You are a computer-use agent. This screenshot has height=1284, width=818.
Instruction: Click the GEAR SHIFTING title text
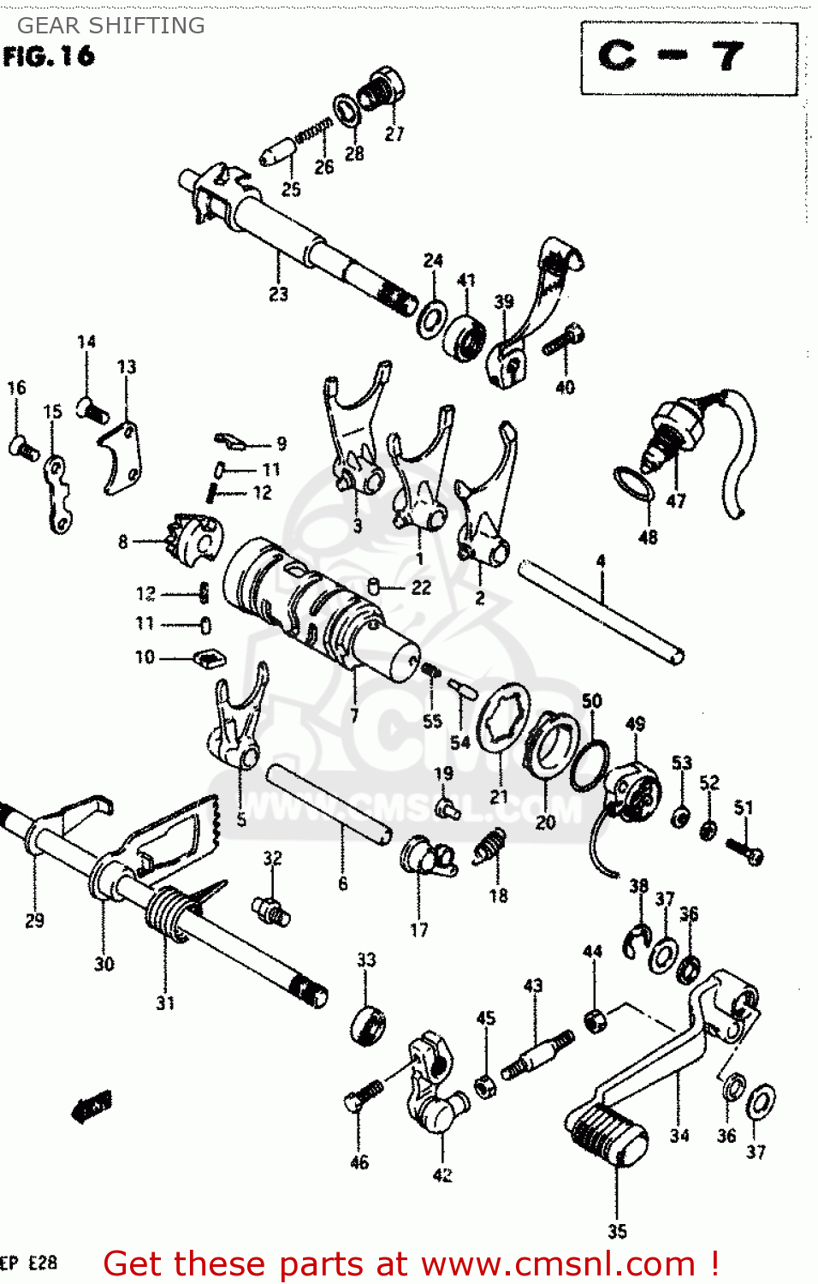click(x=111, y=26)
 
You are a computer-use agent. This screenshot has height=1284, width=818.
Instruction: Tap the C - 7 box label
click(x=672, y=56)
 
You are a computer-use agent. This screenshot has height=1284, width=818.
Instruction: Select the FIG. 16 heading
click(x=49, y=56)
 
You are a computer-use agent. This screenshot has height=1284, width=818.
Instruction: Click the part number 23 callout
click(x=279, y=294)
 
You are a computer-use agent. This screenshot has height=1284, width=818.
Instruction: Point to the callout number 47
click(x=676, y=501)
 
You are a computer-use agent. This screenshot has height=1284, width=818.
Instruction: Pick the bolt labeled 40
click(x=563, y=340)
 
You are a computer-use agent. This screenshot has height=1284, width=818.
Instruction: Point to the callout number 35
click(x=617, y=1231)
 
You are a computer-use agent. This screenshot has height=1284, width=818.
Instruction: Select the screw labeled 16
click(x=23, y=447)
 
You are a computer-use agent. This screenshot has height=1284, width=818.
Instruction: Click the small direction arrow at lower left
click(x=92, y=1107)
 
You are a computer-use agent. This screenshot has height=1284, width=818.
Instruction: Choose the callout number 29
click(x=34, y=920)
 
